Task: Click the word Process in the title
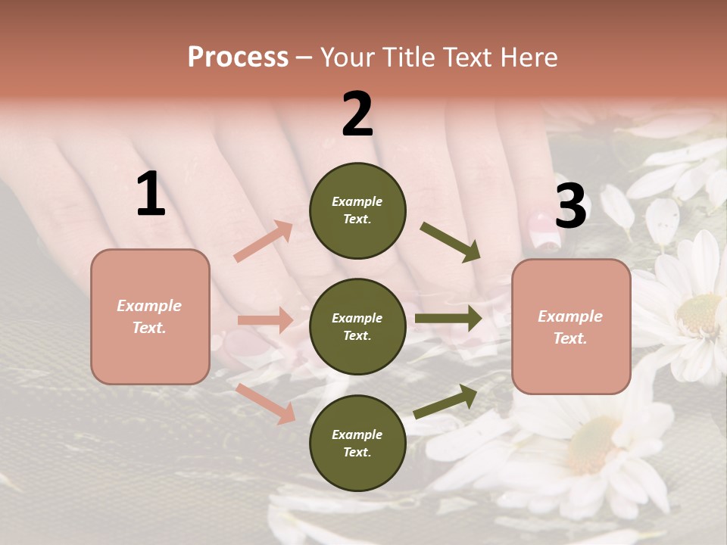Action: click(238, 57)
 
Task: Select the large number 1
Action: click(151, 195)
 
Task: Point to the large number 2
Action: click(357, 114)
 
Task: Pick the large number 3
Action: click(570, 206)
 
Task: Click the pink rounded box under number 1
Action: click(150, 316)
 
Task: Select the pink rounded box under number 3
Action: click(571, 326)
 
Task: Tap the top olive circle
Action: click(357, 210)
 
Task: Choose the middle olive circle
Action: click(357, 326)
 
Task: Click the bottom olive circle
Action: click(357, 443)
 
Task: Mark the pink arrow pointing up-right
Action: click(264, 241)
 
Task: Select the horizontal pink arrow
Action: click(265, 320)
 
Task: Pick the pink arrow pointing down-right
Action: click(266, 403)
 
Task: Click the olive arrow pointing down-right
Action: click(450, 241)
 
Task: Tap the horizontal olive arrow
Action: click(448, 319)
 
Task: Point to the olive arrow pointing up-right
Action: click(445, 401)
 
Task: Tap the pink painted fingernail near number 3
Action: click(544, 232)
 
